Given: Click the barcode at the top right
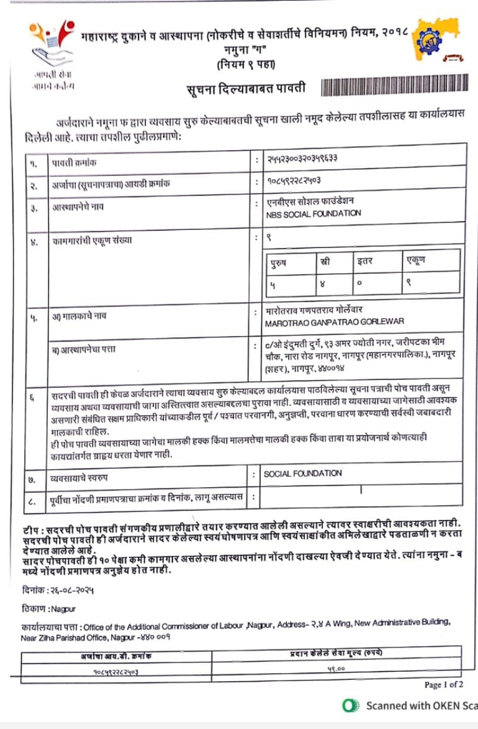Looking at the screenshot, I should [x=393, y=88].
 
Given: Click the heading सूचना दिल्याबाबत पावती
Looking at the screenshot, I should [x=246, y=89].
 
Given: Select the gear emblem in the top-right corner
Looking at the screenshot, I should [x=435, y=39].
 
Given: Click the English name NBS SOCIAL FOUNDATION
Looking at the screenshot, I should [x=313, y=213].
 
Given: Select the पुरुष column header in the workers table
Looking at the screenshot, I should [x=278, y=262].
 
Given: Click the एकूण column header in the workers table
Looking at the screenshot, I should [x=416, y=260].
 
